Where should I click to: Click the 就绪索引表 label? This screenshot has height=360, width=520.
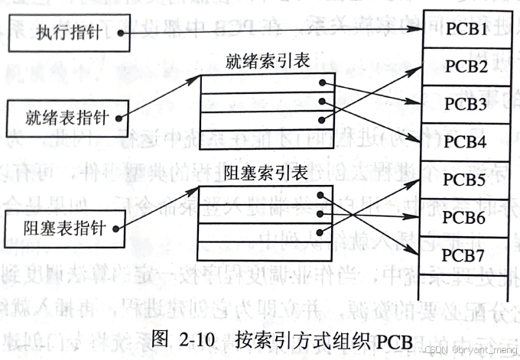coord(267,60)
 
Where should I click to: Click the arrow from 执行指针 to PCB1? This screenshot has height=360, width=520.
coord(268,30)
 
